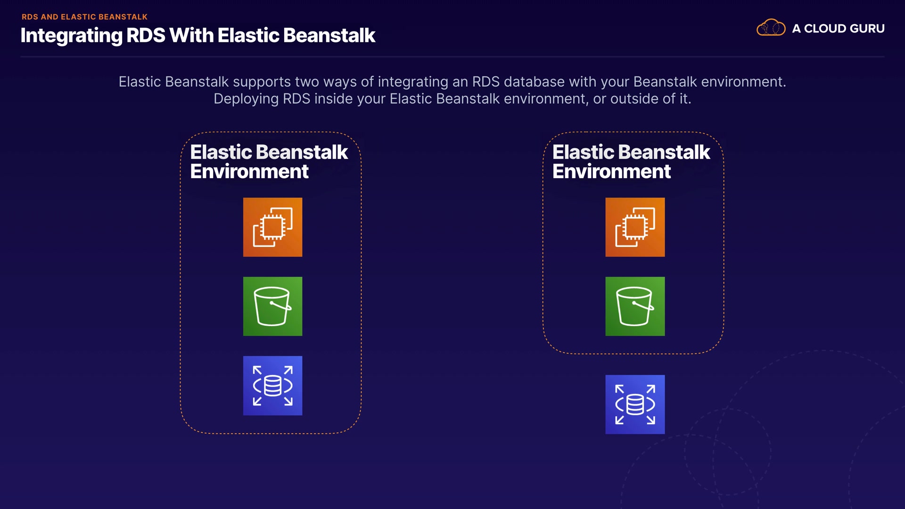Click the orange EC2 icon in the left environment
click(272, 227)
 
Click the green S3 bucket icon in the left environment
click(272, 306)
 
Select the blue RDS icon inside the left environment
click(272, 386)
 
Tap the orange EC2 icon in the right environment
click(635, 227)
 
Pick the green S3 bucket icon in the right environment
click(635, 306)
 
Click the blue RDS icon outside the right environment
click(635, 404)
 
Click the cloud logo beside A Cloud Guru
click(771, 28)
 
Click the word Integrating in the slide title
click(71, 36)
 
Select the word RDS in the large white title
click(146, 35)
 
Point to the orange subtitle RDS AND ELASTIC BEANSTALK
click(85, 17)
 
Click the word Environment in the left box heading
click(249, 172)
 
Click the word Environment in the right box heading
click(611, 172)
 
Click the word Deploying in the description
click(246, 99)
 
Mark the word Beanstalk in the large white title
click(329, 35)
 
